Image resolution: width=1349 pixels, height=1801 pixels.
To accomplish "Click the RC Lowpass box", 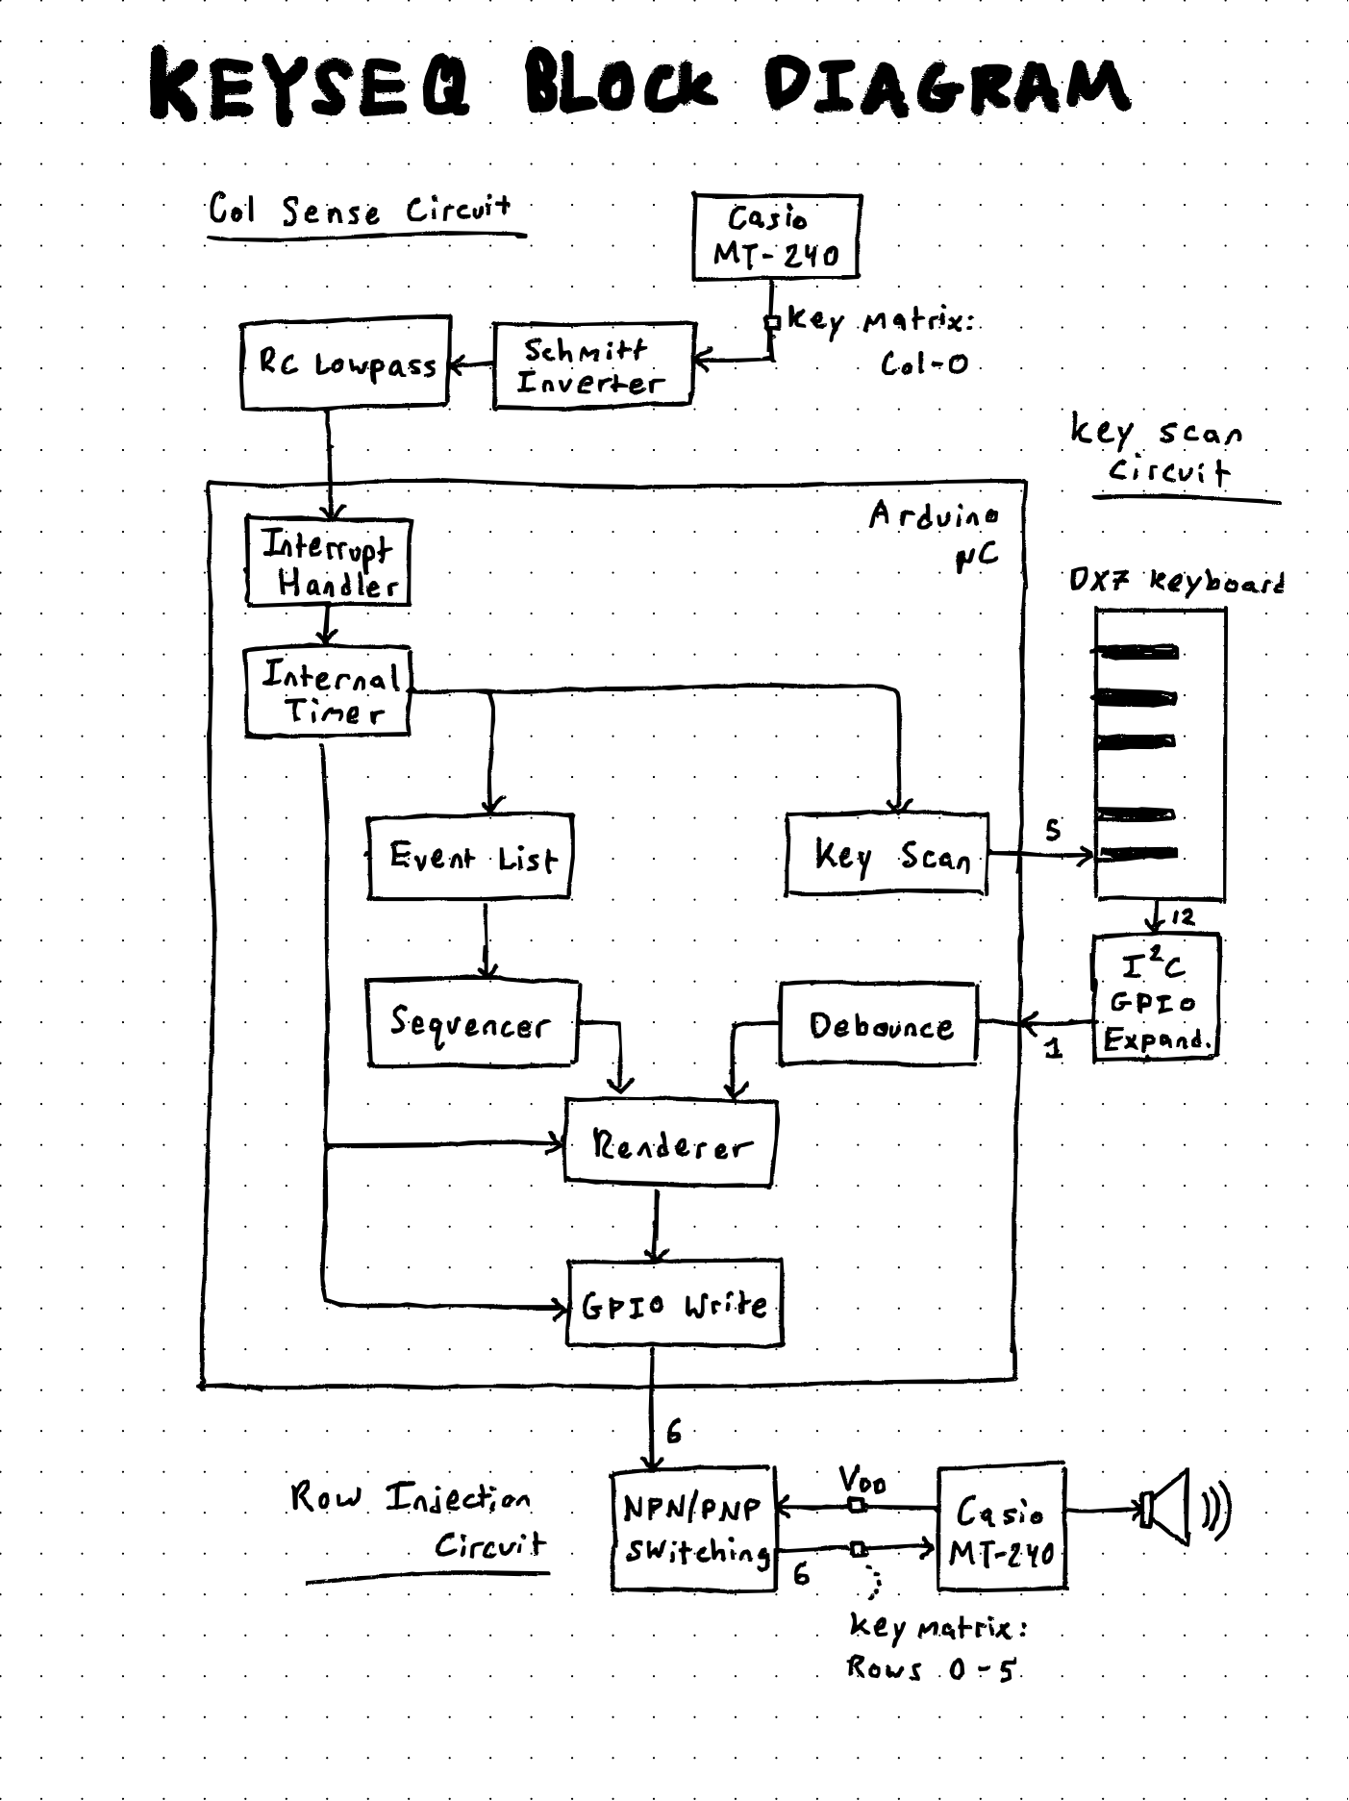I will coord(345,363).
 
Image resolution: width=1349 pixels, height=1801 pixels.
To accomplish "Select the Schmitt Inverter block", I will coord(592,366).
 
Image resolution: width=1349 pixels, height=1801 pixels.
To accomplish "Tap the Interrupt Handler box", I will coord(329,563).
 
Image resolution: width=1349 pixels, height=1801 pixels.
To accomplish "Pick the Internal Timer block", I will coord(328,692).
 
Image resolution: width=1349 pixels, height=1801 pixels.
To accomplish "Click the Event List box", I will coord(470,857).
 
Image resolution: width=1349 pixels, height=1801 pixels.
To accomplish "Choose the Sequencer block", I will coord(472,1023).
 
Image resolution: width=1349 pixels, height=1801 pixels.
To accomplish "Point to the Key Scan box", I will coord(887,855).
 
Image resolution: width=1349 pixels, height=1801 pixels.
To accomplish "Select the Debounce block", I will coord(879,1024).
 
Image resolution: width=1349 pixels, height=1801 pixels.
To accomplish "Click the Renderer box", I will coord(670,1143).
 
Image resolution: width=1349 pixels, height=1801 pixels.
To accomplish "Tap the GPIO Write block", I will coord(675,1305).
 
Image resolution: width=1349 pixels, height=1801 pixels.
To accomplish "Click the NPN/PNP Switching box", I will coord(694,1529).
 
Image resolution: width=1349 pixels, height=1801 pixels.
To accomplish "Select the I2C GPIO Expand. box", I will coord(1156,998).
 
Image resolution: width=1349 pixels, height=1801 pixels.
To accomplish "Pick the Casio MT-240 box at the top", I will coord(775,237).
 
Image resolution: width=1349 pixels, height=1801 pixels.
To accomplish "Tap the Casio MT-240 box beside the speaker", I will coord(1001,1530).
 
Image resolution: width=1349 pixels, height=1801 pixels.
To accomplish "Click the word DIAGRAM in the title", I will coord(946,87).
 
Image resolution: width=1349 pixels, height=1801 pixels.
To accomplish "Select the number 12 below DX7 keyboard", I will coord(1183,917).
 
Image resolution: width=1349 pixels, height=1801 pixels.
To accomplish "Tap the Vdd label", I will coord(862,1478).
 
